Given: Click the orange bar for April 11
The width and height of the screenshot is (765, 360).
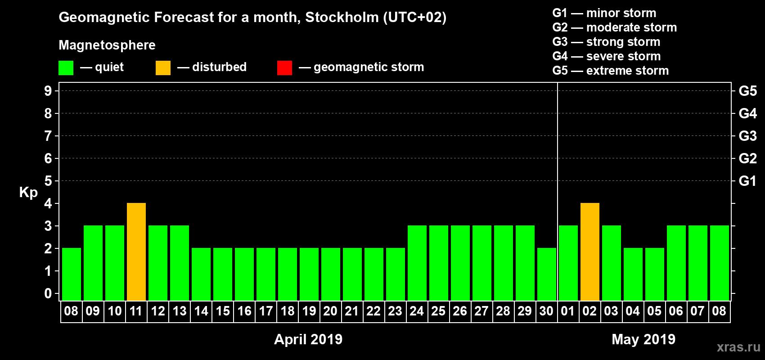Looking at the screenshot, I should pyautogui.click(x=136, y=252).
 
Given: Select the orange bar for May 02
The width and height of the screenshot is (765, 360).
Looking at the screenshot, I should pyautogui.click(x=590, y=252).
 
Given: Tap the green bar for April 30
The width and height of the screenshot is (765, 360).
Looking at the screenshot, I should pyautogui.click(x=547, y=274).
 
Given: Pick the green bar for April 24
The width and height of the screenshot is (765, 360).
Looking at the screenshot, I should pyautogui.click(x=417, y=263).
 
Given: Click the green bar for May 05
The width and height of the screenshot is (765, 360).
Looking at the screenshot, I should pyautogui.click(x=655, y=274).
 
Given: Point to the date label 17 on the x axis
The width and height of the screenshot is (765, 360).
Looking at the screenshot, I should pyautogui.click(x=266, y=311).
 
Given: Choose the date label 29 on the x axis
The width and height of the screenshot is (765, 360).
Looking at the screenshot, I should pyautogui.click(x=525, y=311).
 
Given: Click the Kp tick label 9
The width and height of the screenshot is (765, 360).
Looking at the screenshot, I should pyautogui.click(x=48, y=91).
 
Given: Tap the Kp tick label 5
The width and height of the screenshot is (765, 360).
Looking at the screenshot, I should pyautogui.click(x=48, y=181).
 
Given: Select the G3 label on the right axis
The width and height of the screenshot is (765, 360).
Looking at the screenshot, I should pyautogui.click(x=747, y=136).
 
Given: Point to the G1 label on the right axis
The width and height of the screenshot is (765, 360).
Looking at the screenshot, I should pyautogui.click(x=747, y=181).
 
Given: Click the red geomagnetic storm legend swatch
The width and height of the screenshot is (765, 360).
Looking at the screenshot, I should pyautogui.click(x=284, y=68).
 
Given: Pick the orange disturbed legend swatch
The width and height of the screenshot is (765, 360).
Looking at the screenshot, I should pyautogui.click(x=163, y=68).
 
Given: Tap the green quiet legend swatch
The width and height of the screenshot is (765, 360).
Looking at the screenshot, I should pyautogui.click(x=66, y=68).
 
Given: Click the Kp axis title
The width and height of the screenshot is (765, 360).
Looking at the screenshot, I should pyautogui.click(x=28, y=192).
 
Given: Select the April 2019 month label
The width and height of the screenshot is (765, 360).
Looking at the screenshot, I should pyautogui.click(x=308, y=339).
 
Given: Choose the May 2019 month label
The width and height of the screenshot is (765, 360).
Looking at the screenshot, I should pyautogui.click(x=643, y=339).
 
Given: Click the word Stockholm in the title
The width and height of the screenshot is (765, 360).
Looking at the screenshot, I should pyautogui.click(x=342, y=18).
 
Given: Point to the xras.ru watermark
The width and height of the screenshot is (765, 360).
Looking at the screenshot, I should pyautogui.click(x=738, y=347).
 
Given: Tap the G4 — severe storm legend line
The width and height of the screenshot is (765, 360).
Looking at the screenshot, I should pyautogui.click(x=607, y=56).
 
